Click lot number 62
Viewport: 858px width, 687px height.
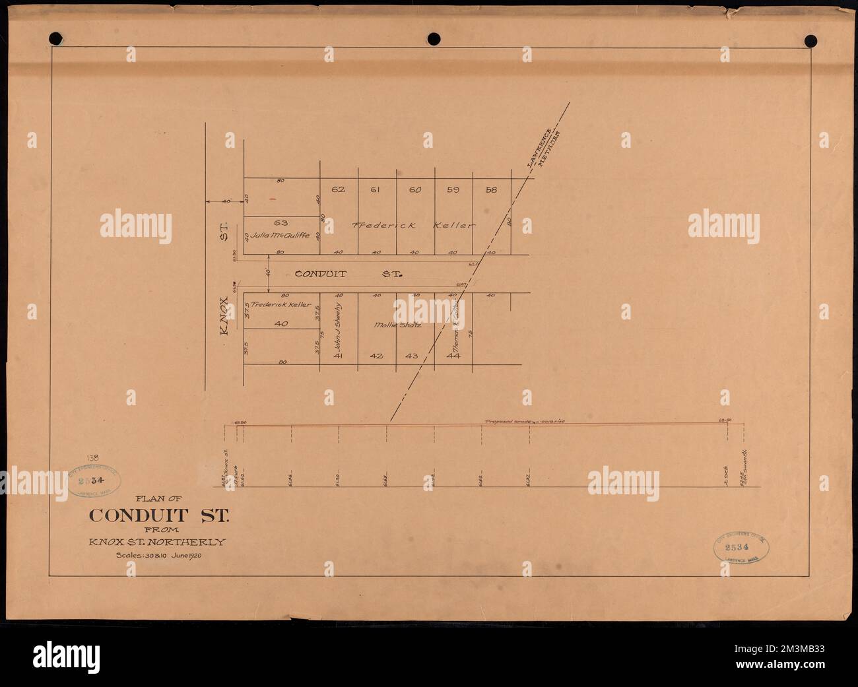coord(339,190)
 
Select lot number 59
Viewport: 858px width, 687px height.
coord(453,190)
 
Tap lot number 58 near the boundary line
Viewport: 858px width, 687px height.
coord(491,190)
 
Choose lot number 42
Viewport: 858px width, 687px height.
coord(376,356)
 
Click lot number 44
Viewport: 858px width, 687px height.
coord(453,356)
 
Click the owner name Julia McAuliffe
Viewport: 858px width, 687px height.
coord(277,235)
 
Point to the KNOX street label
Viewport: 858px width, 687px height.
coord(225,319)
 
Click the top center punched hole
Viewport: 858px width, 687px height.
coord(434,38)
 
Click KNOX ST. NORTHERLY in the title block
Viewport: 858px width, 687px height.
coord(159,542)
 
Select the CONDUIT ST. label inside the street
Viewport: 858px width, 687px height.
coord(347,273)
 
